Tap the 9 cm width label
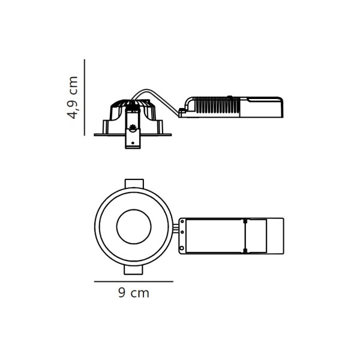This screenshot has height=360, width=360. pyautogui.click(x=134, y=293)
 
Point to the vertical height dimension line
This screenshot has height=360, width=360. pyautogui.click(x=85, y=97)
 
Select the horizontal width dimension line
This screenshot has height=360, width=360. pyautogui.click(x=134, y=281)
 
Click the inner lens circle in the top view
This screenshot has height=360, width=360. pyautogui.click(x=134, y=209)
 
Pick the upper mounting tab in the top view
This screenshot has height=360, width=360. pyautogui.click(x=134, y=184)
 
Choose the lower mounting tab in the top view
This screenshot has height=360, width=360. pyautogui.click(x=133, y=270)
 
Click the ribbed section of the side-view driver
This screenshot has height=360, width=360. pyautogui.click(x=217, y=106)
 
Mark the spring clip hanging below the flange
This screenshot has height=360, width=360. pyautogui.click(x=133, y=139)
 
